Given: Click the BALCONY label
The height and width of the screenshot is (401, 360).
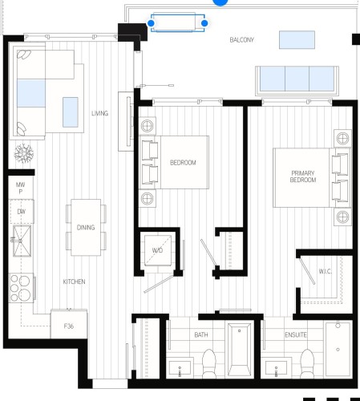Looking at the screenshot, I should coord(241,39).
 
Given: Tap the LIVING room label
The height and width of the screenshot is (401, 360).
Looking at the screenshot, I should coord(99,113).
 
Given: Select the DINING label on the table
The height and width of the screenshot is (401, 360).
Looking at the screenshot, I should coord(86,228).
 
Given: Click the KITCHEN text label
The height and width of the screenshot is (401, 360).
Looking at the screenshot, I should coord(75,282).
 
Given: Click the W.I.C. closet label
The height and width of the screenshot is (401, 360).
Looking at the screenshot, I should coord(325,271).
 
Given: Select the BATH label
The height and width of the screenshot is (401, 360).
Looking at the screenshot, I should coord(201,334).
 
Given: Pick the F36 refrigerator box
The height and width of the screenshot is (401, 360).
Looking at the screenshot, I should coord(69,326).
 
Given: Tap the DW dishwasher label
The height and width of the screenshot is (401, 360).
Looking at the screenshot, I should coord(20,212).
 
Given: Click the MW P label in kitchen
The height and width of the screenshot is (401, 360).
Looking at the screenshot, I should coord(20,189).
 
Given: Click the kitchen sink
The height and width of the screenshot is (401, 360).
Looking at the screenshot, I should coord(19,239).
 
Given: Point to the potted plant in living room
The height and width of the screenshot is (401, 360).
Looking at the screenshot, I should coord(22,152).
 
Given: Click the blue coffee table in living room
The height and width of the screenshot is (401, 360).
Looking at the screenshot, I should coord(71,107).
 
